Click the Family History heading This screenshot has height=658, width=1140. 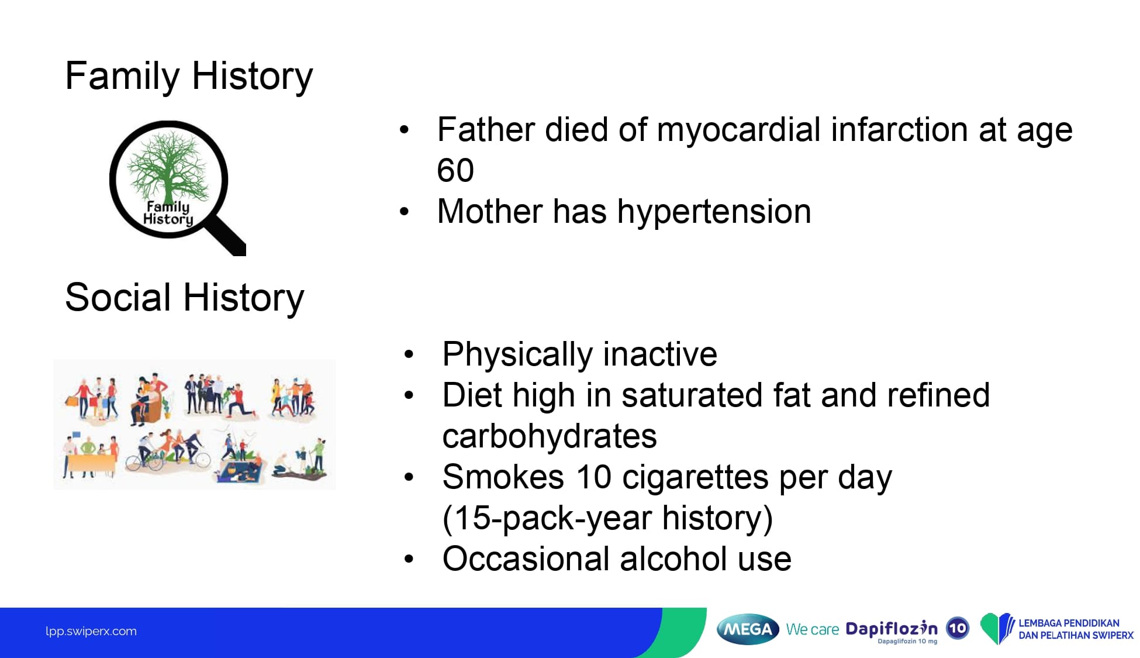tap(189, 77)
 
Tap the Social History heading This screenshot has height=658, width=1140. tap(184, 298)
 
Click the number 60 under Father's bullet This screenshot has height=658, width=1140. tap(455, 170)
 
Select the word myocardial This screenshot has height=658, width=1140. tap(739, 129)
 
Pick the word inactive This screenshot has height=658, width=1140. tap(660, 354)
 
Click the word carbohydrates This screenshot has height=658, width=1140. tap(550, 436)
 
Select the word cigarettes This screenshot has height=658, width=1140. tap(696, 477)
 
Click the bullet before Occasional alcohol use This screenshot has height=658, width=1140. tap(409, 559)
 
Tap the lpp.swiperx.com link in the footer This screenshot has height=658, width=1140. tap(91, 632)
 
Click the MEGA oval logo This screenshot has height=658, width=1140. tap(748, 629)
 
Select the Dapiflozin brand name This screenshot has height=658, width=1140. tap(892, 629)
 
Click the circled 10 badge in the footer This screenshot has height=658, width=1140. tap(958, 629)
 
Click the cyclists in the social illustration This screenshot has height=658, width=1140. tap(168, 451)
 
